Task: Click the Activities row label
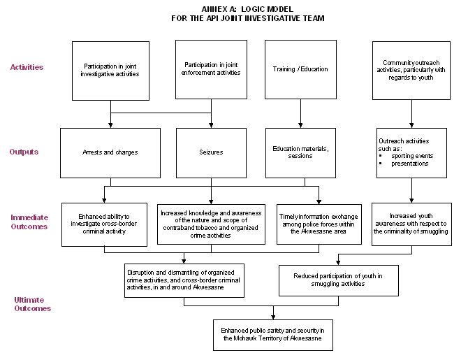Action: click(27, 68)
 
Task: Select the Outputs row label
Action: click(24, 152)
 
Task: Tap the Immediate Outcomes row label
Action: click(29, 222)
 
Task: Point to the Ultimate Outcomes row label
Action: click(32, 303)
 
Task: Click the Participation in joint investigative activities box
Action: click(111, 70)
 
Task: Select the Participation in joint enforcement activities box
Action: click(212, 69)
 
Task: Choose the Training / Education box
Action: click(300, 69)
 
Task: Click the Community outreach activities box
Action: click(411, 70)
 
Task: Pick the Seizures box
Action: click(211, 152)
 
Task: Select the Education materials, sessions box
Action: click(300, 152)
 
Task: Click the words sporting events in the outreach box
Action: click(412, 155)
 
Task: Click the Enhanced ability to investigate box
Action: click(104, 224)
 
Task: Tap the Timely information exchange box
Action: click(319, 224)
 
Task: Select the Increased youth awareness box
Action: click(410, 224)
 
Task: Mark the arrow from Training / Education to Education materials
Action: click(300, 113)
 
